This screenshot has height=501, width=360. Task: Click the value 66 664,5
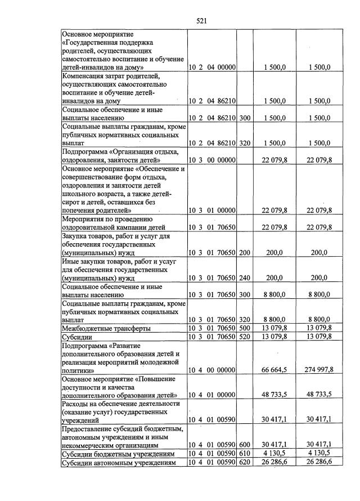[x=274, y=370]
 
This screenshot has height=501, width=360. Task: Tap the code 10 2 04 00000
[x=211, y=68]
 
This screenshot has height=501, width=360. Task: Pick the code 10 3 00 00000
[x=211, y=160]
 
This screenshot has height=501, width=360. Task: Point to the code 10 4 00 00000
[x=211, y=370]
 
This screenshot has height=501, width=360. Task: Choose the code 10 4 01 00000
[x=211, y=395]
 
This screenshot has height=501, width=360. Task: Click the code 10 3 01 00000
[x=211, y=210]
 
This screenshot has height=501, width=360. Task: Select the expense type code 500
[x=244, y=328]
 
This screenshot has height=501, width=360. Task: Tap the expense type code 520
[x=244, y=337]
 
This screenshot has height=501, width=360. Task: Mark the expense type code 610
[x=244, y=453]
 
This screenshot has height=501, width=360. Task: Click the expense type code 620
[x=244, y=462]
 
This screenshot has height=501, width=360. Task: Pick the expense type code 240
[x=244, y=277]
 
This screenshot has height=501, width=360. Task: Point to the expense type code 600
[x=244, y=444]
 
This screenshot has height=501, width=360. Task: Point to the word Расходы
[x=76, y=403]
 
